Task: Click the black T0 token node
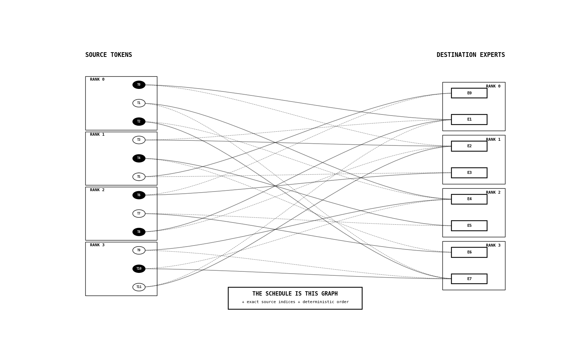pos(139,85)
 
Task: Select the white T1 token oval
pos(139,103)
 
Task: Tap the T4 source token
pos(139,158)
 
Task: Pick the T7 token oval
pos(139,213)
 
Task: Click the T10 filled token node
pos(139,269)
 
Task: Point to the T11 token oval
pos(139,287)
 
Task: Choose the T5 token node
pos(139,177)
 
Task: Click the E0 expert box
pos(469,93)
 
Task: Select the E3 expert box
pos(469,173)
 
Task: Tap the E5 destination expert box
pos(469,226)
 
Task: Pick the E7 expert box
pos(469,279)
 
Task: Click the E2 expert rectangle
pos(469,146)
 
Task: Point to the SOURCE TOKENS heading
pos(108,55)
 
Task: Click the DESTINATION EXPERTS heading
pos(471,55)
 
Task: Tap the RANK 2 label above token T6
pos(97,190)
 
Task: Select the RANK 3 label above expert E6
pos(493,245)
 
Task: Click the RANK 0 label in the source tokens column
pos(97,80)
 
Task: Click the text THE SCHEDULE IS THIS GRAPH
pos(295,294)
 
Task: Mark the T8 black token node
pos(139,232)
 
